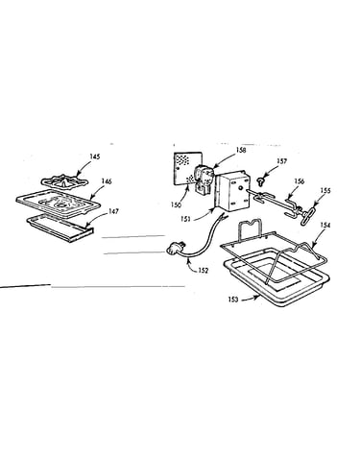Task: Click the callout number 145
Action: pos(95,156)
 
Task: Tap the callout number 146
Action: pos(107,181)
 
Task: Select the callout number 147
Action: pos(113,211)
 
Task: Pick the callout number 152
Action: pos(203,271)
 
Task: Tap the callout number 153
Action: pos(233,300)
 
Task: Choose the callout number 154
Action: pos(324,226)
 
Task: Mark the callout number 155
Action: pos(325,191)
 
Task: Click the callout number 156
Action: pos(300,181)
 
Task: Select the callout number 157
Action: pos(282,161)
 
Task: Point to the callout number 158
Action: pos(241,150)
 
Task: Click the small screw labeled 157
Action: pos(260,181)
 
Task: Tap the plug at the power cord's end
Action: pos(175,249)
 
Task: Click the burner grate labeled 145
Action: pos(66,182)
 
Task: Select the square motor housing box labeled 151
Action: pos(232,192)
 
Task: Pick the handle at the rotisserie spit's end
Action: pos(307,214)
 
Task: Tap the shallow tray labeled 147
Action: pos(60,228)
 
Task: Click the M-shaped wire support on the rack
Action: pos(250,228)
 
